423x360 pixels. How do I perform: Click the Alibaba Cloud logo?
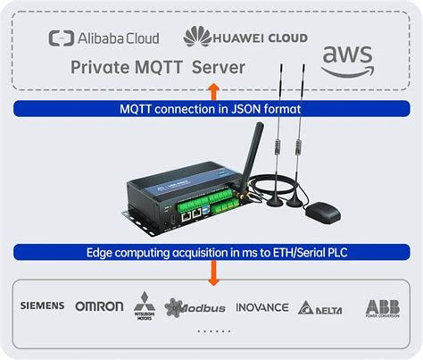[104, 38]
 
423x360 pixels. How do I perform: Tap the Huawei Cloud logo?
[245, 37]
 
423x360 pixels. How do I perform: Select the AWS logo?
[347, 60]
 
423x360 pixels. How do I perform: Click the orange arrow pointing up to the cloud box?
[211, 89]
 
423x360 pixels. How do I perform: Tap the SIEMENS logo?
[42, 306]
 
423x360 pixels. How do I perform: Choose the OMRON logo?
[99, 306]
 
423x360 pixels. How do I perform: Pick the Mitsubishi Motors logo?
[144, 306]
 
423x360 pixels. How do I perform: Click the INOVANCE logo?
[261, 306]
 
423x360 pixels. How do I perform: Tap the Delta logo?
[321, 307]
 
